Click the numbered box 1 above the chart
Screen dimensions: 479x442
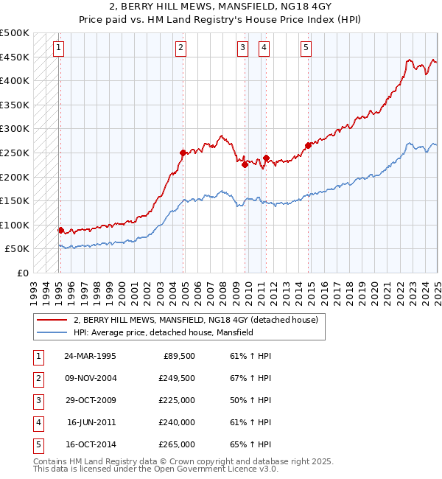[x=58, y=49]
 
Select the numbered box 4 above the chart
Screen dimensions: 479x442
[x=264, y=49]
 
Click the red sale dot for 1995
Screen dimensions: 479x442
[x=60, y=230]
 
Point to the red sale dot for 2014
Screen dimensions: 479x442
[x=308, y=145]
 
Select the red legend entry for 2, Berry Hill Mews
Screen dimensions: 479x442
[x=195, y=320]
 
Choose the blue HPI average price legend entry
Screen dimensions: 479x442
[x=163, y=332]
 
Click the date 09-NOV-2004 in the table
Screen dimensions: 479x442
[x=90, y=378]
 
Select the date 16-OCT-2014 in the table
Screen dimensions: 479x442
[x=90, y=444]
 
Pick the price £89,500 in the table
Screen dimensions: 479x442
[x=179, y=356]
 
